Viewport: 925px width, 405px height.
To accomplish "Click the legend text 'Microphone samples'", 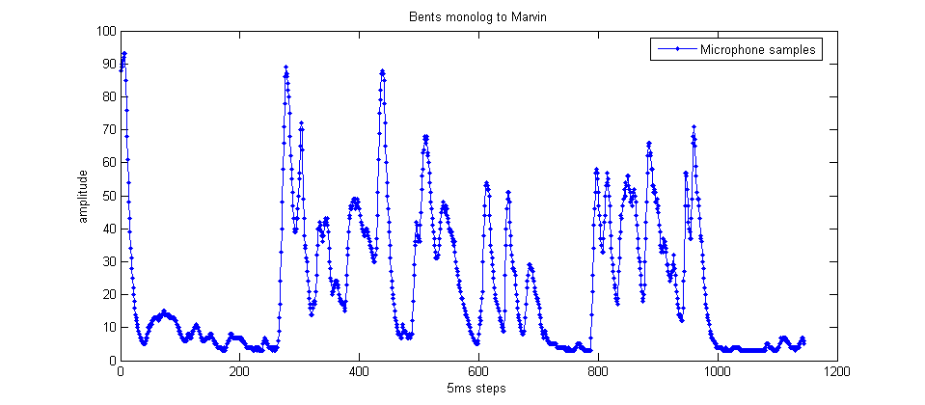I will (759, 49).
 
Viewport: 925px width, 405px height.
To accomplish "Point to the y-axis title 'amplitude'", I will (84, 196).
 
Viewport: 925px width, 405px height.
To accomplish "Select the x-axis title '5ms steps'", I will (476, 388).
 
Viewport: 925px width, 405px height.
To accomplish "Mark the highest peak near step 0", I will (124, 53).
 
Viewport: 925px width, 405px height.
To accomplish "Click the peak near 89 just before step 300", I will (286, 67).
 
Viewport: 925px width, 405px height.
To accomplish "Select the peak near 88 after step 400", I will (382, 70).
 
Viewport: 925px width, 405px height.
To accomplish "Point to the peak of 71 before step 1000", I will (694, 126).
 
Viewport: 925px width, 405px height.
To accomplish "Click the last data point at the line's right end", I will (803, 341).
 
